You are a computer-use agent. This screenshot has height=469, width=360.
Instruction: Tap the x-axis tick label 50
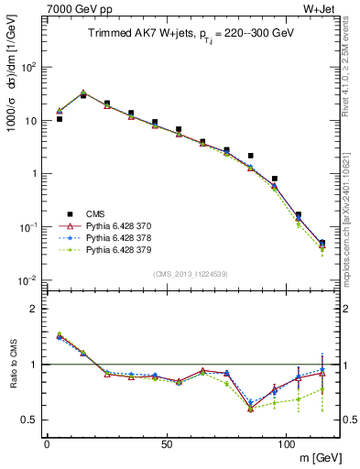point(166,443)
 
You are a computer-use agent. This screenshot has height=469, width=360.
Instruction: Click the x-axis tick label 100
point(286,443)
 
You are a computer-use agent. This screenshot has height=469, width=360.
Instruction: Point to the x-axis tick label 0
point(47,443)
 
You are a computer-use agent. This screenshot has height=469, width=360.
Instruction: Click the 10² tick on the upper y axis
point(29,67)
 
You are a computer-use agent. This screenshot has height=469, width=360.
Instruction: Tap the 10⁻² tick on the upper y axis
point(29,280)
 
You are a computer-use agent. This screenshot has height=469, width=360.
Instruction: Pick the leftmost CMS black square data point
point(60,119)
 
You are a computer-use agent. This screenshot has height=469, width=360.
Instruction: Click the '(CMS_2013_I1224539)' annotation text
point(191,273)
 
